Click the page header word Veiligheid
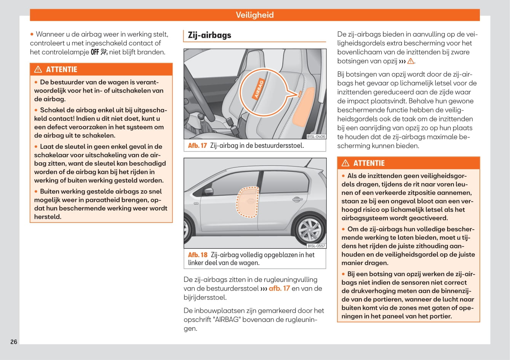coord(254,15)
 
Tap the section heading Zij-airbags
coord(209,35)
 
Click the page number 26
coord(14,342)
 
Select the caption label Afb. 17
coord(197,146)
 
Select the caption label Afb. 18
coord(198,255)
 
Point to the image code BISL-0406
coord(316,136)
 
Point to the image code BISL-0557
coord(316,246)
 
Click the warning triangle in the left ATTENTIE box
coord(38,69)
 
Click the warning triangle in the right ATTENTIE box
coord(345,163)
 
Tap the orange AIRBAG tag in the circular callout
coord(259,89)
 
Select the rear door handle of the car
coord(297,199)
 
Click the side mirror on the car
coord(209,190)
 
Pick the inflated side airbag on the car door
coord(248,202)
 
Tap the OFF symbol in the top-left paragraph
coord(95,52)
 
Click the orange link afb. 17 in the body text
coord(279,288)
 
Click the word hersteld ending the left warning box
coord(48,217)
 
